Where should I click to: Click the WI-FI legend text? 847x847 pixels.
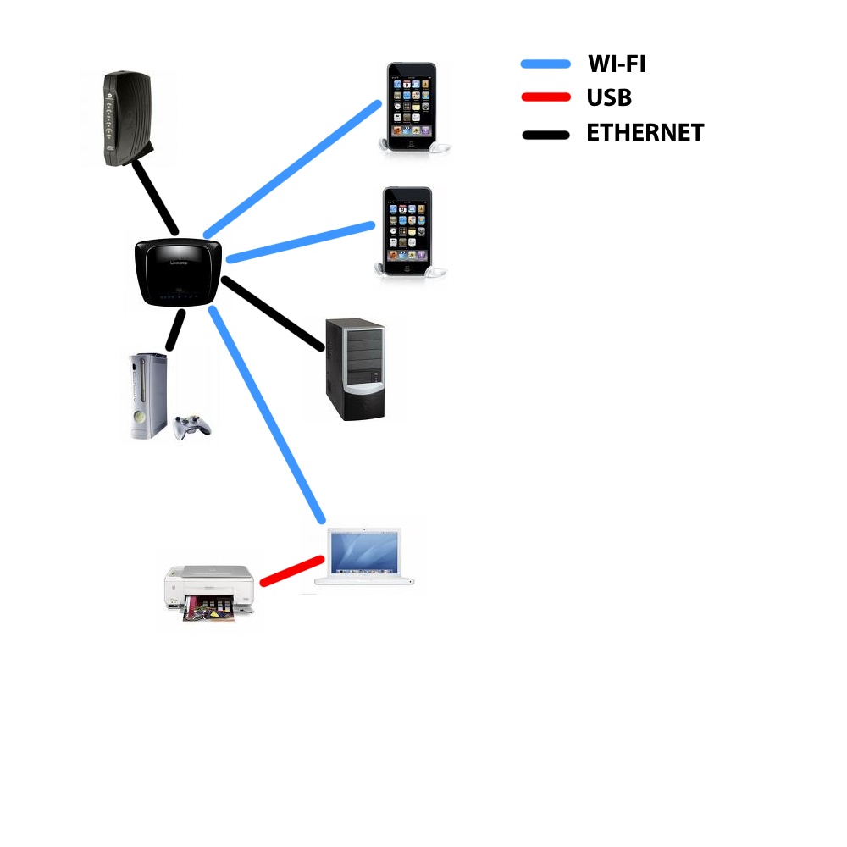(617, 64)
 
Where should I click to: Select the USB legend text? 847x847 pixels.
(609, 97)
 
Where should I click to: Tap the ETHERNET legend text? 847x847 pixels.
(645, 132)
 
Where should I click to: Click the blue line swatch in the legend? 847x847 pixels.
(545, 64)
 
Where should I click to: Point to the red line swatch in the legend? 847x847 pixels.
(545, 97)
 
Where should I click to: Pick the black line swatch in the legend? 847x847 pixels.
(545, 135)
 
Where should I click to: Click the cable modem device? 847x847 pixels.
(128, 119)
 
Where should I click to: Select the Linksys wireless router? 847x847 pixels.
(178, 272)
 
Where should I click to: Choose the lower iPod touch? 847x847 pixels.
(409, 232)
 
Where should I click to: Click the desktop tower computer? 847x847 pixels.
(355, 369)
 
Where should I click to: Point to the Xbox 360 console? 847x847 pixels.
(148, 396)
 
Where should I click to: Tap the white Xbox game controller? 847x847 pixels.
(191, 427)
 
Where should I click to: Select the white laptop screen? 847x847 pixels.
(364, 551)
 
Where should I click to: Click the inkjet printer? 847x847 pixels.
(209, 593)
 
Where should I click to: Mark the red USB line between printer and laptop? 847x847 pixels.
(292, 571)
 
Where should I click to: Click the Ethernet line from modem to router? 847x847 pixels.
(155, 197)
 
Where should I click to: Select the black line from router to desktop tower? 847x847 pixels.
(273, 313)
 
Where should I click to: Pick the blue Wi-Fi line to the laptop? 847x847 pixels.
(267, 414)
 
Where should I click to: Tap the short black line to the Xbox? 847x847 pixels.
(175, 329)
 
